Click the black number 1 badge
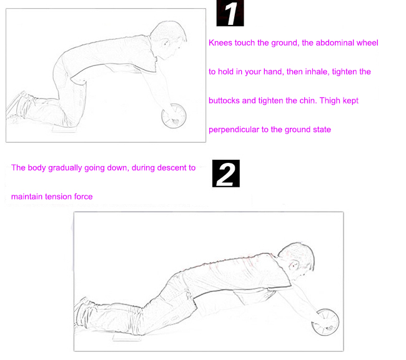point(230,13)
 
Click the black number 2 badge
point(225,173)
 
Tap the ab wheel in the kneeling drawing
point(174,116)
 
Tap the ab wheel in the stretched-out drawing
point(325,322)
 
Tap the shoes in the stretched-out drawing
point(83,311)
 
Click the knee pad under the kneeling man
point(65,129)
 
